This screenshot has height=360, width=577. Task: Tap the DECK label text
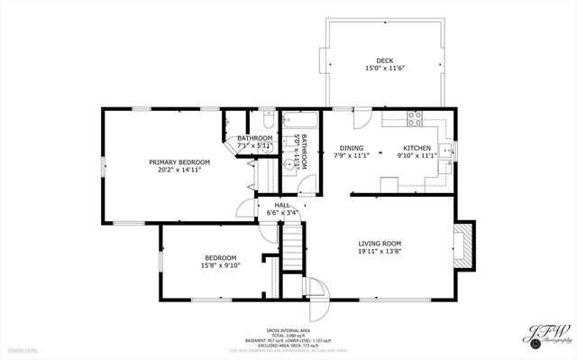[x=384, y=60]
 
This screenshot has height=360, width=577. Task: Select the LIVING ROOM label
[x=380, y=244]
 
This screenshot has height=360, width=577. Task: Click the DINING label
[x=351, y=148]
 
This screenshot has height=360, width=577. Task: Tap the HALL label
[x=281, y=206]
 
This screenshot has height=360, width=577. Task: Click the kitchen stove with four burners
[x=417, y=116]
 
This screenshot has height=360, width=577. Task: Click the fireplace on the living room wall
[x=463, y=244]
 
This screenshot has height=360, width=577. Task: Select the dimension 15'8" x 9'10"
[x=219, y=265]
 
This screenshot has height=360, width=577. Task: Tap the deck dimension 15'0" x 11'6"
[x=384, y=69]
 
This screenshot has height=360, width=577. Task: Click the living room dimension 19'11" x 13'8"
[x=380, y=252]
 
